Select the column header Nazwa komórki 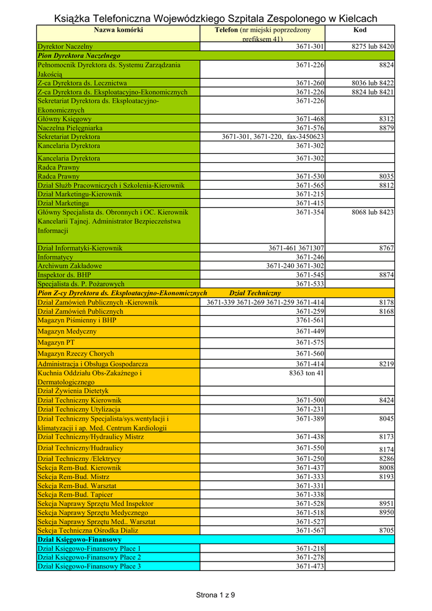[x=118, y=30]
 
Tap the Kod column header [x=360, y=30]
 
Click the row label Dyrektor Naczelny [x=65, y=47]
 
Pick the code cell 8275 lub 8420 [x=370, y=47]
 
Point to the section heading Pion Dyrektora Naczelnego [x=79, y=55]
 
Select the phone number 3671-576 [x=310, y=128]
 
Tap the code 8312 [x=386, y=119]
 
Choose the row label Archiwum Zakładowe [x=70, y=266]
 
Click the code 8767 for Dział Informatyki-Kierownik [x=386, y=248]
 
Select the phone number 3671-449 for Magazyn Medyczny [x=310, y=332]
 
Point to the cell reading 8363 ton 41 [x=306, y=374]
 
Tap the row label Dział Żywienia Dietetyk [x=73, y=391]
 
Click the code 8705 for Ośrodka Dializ [x=386, y=530]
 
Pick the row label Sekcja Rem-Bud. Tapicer [x=75, y=495]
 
